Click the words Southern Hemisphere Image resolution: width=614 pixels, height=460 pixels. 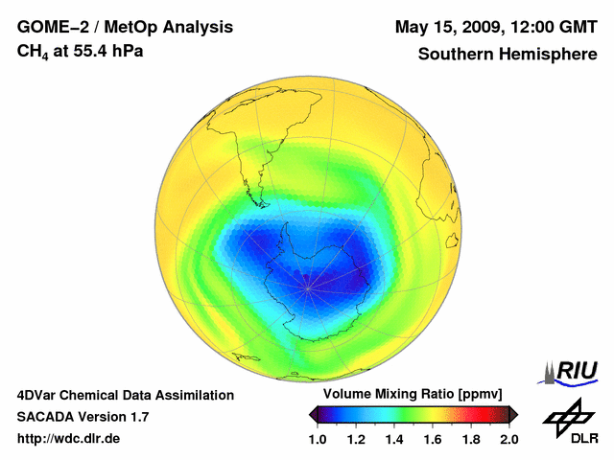[508, 54]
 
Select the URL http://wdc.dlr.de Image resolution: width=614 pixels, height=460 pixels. [69, 439]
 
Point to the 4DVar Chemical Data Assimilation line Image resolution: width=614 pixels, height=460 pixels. [125, 395]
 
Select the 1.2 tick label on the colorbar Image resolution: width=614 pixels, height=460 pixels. [355, 439]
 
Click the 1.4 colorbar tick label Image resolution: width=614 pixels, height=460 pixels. [393, 439]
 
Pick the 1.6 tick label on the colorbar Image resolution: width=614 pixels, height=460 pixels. [432, 439]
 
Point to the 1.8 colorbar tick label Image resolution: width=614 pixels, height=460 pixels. [470, 439]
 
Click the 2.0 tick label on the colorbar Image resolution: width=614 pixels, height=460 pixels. [508, 439]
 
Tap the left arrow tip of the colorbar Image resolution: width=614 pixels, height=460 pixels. [312, 414]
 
